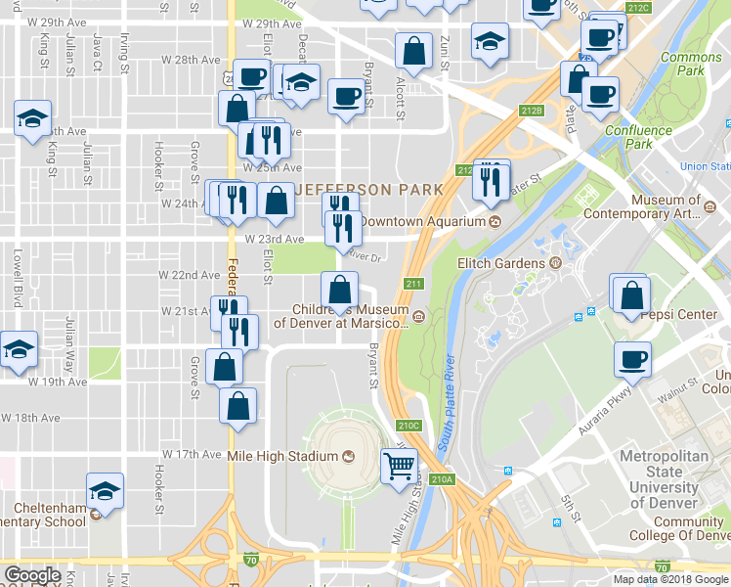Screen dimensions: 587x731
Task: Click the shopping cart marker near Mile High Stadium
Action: [398, 467]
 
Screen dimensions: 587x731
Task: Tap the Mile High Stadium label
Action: [281, 456]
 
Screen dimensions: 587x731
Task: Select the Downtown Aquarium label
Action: [421, 221]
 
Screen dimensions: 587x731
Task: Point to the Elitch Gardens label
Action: [501, 263]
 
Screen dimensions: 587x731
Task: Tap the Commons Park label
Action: [691, 65]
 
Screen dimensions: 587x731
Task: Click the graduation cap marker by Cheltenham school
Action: [105, 490]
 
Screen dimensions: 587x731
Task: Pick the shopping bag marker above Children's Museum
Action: [339, 290]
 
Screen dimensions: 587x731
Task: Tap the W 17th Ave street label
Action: [192, 455]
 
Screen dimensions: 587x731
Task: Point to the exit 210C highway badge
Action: [408, 426]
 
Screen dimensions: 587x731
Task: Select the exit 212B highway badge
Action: [532, 111]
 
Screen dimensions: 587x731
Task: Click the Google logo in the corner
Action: [32, 575]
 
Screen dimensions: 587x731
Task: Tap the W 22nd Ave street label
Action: [191, 275]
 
